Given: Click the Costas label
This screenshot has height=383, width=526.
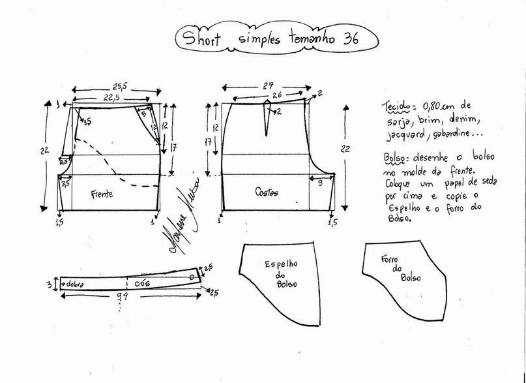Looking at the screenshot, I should coord(267,193).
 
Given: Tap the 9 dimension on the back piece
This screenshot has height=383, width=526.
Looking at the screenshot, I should coord(319,185).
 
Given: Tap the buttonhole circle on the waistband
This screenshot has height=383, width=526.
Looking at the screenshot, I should coord(192,278).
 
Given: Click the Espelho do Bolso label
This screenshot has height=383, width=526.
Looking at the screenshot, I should coord(282,275).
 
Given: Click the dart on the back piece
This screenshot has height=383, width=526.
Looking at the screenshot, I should coord(267,117).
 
